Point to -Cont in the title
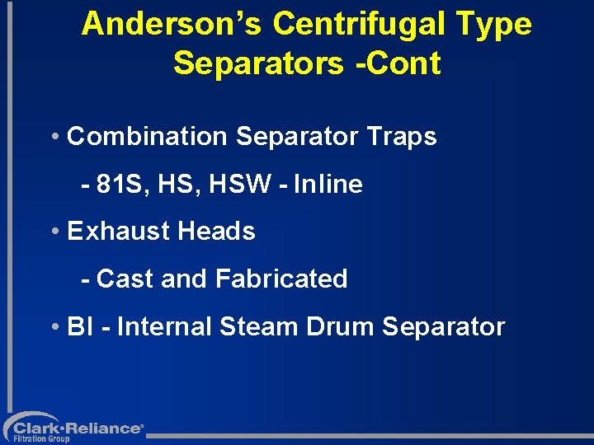(x=401, y=63)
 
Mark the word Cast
(x=125, y=279)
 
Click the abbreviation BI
(x=80, y=327)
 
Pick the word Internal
(x=165, y=327)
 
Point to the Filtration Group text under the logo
(x=41, y=439)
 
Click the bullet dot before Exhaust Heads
(x=54, y=232)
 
